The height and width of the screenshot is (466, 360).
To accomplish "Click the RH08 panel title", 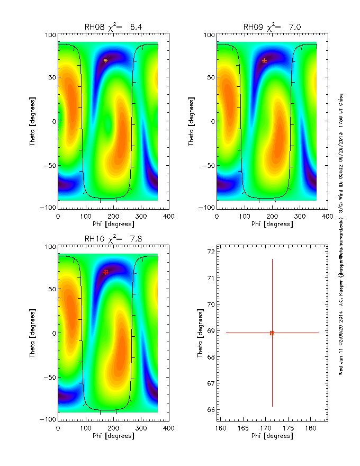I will (113, 27).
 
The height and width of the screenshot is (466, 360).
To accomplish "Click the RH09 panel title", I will (272, 27).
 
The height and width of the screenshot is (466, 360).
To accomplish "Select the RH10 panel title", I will (113, 239).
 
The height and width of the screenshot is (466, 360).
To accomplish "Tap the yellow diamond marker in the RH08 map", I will (106, 60).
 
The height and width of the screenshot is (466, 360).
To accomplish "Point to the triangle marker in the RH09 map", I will (264, 60).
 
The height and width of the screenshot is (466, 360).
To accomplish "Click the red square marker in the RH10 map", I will (106, 272).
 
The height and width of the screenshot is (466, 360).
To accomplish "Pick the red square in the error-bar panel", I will (272, 333).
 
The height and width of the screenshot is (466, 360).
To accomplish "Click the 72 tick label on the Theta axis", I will (210, 252).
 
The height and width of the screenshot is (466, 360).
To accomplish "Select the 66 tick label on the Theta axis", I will (210, 410).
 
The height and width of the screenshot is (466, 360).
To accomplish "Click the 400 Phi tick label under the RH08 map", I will (168, 217).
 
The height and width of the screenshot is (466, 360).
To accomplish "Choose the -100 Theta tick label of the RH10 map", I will (48, 419).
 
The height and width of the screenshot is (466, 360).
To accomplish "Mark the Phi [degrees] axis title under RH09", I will (272, 224).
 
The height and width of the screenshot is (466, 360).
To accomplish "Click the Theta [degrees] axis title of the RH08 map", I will (32, 121).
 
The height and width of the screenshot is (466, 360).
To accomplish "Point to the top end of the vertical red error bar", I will (272, 259).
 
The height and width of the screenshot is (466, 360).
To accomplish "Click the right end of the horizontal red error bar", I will (319, 333).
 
